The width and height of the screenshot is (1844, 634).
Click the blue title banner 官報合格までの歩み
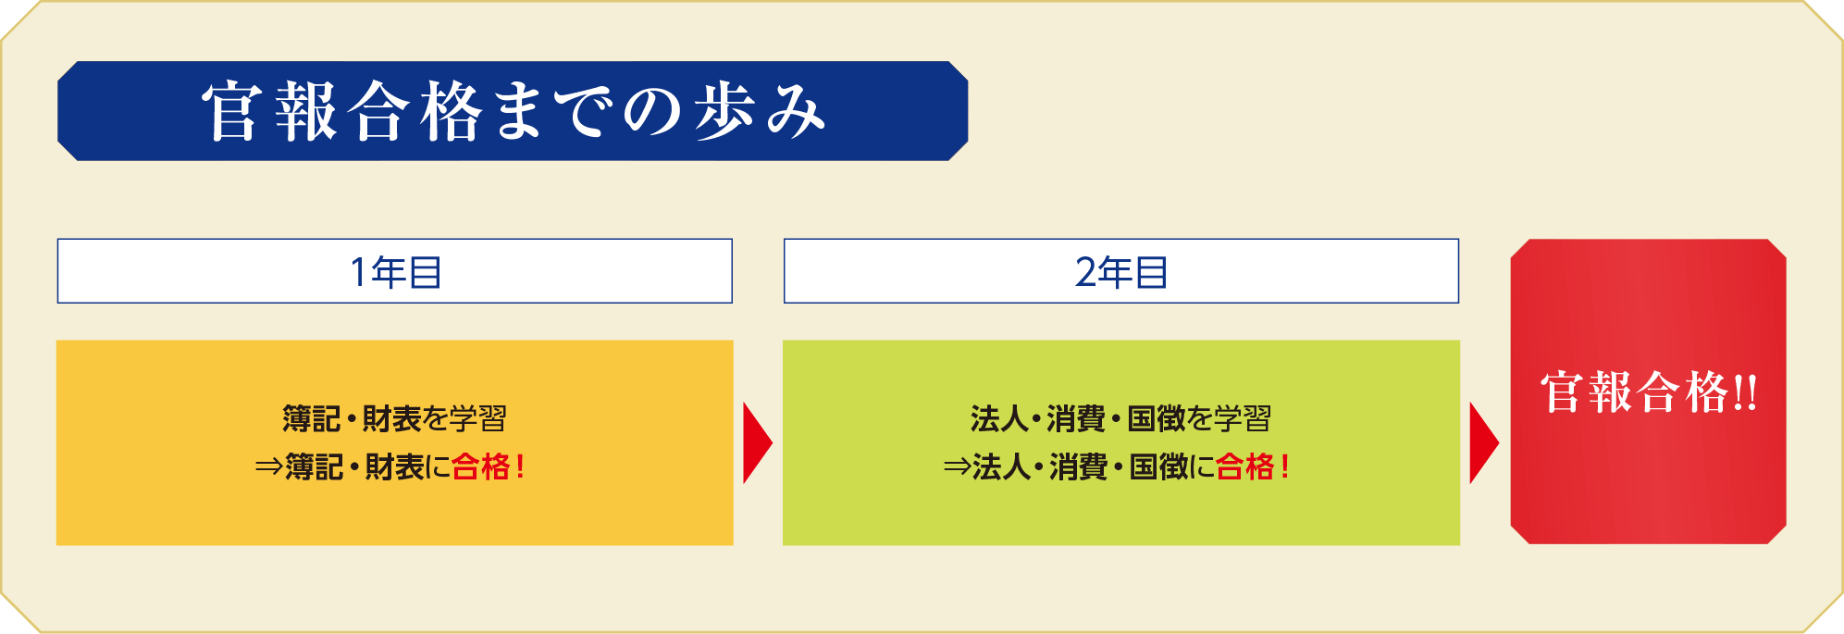513,111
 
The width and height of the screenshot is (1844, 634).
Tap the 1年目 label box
395,271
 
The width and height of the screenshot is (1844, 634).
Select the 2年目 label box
1121,271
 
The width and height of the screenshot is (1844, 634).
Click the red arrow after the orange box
757,442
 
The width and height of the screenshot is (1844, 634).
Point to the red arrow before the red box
1483,442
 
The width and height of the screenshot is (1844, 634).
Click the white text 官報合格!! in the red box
1649,392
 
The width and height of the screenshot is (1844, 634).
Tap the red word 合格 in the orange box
480,466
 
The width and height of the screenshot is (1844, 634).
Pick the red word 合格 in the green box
1244,466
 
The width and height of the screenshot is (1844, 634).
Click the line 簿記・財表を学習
395,419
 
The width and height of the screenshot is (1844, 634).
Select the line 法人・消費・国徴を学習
1121,419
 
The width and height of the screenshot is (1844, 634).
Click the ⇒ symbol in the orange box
268,467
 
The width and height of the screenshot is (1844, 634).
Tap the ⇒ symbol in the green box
957,467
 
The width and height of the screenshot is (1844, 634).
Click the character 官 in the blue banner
231,111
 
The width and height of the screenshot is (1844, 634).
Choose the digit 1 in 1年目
358,272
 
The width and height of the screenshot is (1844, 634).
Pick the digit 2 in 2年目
1085,272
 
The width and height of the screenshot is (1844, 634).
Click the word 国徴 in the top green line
1157,419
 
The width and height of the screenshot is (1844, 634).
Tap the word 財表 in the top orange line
392,419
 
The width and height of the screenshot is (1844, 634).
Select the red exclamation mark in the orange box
520,466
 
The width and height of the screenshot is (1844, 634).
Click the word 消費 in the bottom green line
1079,466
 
